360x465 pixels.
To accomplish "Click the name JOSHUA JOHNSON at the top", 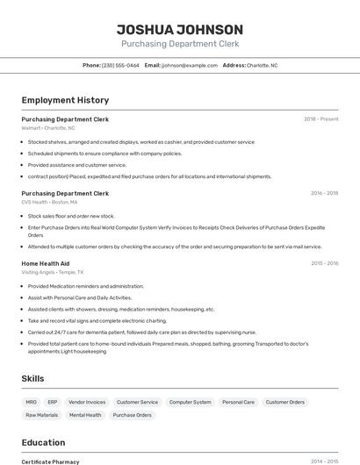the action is [x=180, y=30].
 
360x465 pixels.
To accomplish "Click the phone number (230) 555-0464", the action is [x=120, y=65].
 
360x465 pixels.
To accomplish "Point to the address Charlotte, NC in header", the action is [x=262, y=65].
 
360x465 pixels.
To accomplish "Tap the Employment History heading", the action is [x=65, y=100].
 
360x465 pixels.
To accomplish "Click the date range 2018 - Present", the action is [x=320, y=119].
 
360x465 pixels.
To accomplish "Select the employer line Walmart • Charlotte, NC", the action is [x=48, y=128].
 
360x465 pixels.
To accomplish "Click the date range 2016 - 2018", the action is [x=324, y=193].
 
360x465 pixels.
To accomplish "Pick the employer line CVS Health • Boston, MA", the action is [x=49, y=202].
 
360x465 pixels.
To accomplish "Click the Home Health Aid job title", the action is [x=46, y=263].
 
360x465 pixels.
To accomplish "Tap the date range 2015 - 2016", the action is [x=324, y=263].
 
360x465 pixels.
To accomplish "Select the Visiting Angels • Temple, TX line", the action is [x=53, y=272].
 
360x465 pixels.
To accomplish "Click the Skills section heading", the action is [x=33, y=378].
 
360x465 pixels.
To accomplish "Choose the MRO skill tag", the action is [x=32, y=402].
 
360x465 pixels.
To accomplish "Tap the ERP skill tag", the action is [x=53, y=402].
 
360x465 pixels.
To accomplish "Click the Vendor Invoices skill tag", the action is [x=87, y=402].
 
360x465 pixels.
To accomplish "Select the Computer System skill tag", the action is [x=191, y=402].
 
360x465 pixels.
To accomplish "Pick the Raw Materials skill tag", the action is [x=42, y=415].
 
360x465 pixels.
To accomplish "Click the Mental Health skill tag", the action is [x=85, y=415].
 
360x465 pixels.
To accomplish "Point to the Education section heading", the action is [x=43, y=442].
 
